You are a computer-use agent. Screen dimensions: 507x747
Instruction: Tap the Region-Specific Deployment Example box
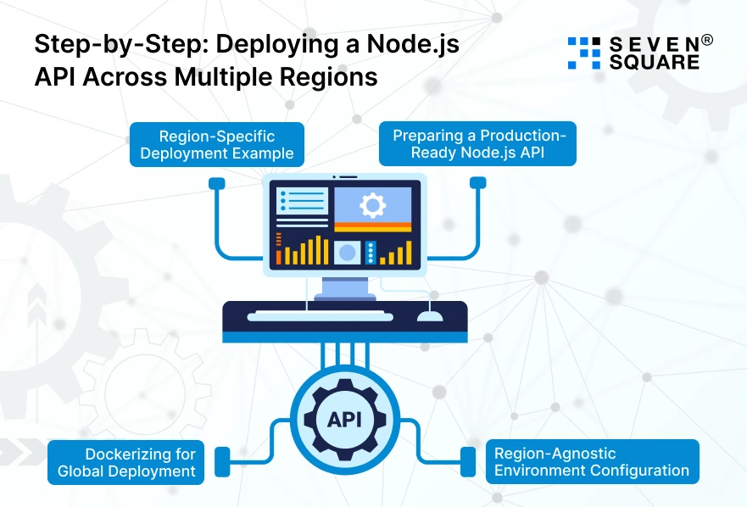[216, 143]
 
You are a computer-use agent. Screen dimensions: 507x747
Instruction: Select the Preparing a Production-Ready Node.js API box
[477, 143]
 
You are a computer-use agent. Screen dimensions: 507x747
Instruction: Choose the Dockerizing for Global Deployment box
[125, 462]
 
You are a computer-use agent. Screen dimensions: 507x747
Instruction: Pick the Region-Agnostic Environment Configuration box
[592, 462]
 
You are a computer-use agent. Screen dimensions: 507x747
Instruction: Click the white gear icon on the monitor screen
[372, 204]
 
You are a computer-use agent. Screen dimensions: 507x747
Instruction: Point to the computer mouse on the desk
[430, 316]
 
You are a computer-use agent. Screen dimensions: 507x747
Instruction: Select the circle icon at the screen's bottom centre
[347, 252]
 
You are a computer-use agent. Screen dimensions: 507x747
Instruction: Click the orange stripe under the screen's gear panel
[372, 226]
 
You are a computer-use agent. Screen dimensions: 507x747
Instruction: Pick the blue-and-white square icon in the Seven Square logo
[583, 53]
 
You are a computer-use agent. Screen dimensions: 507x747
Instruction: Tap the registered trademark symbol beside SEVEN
[707, 40]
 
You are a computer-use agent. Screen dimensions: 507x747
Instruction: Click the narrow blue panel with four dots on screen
[371, 253]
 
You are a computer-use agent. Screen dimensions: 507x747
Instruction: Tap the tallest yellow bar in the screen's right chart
[409, 252]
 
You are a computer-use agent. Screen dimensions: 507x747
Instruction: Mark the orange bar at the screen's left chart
[278, 254]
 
